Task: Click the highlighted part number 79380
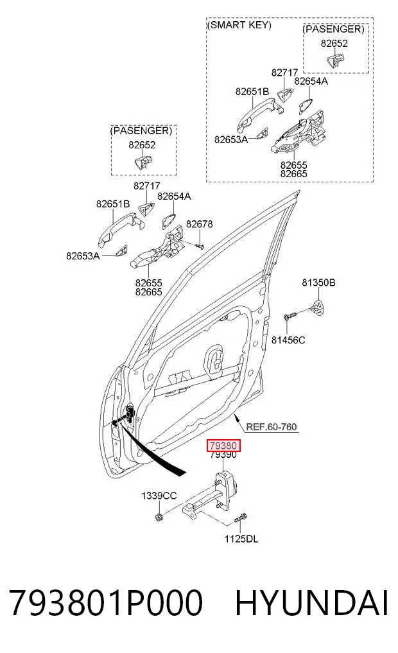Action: (224, 446)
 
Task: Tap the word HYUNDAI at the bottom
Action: (311, 603)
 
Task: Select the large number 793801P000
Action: (106, 603)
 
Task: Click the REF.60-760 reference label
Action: (272, 427)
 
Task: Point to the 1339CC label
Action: (159, 496)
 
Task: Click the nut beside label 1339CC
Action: (158, 518)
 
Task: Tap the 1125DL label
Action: (241, 539)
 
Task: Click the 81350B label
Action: (318, 283)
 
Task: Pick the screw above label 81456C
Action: (290, 315)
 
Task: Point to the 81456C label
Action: (288, 340)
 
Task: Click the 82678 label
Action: (200, 224)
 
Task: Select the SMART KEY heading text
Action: (239, 25)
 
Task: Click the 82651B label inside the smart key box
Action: (252, 92)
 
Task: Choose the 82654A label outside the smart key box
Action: (174, 196)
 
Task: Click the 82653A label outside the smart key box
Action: (83, 256)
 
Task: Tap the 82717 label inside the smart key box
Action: (285, 73)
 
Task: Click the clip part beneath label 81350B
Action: (318, 306)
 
